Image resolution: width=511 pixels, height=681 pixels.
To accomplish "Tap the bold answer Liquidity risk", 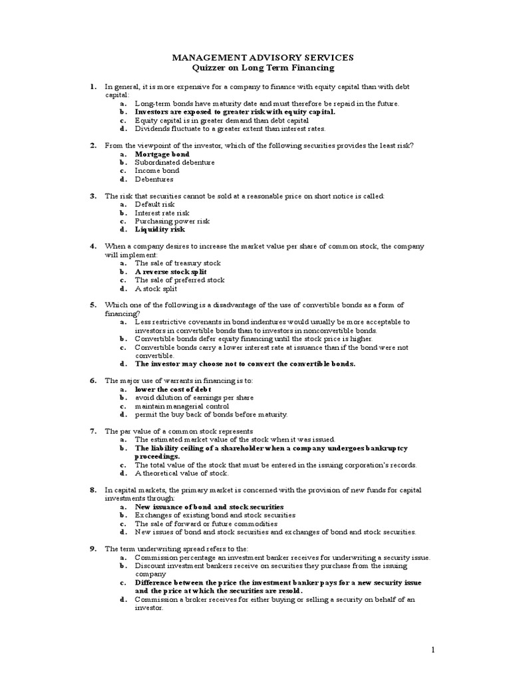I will (160, 229).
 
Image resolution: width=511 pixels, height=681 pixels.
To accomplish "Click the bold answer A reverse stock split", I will (171, 272).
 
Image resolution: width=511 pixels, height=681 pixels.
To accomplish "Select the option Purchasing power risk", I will (172, 221).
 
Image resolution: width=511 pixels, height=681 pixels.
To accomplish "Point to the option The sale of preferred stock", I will (180, 280).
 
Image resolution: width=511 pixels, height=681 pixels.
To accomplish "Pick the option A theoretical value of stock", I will (181, 474).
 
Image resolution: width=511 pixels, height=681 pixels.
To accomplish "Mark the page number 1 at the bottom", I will (432, 650).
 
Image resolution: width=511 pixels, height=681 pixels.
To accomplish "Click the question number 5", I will (94, 305).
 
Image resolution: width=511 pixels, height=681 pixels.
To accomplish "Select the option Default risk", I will (154, 204).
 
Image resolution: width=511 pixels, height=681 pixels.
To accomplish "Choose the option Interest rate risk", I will (162, 213).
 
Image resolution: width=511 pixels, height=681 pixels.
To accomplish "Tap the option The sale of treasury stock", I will (178, 263).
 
